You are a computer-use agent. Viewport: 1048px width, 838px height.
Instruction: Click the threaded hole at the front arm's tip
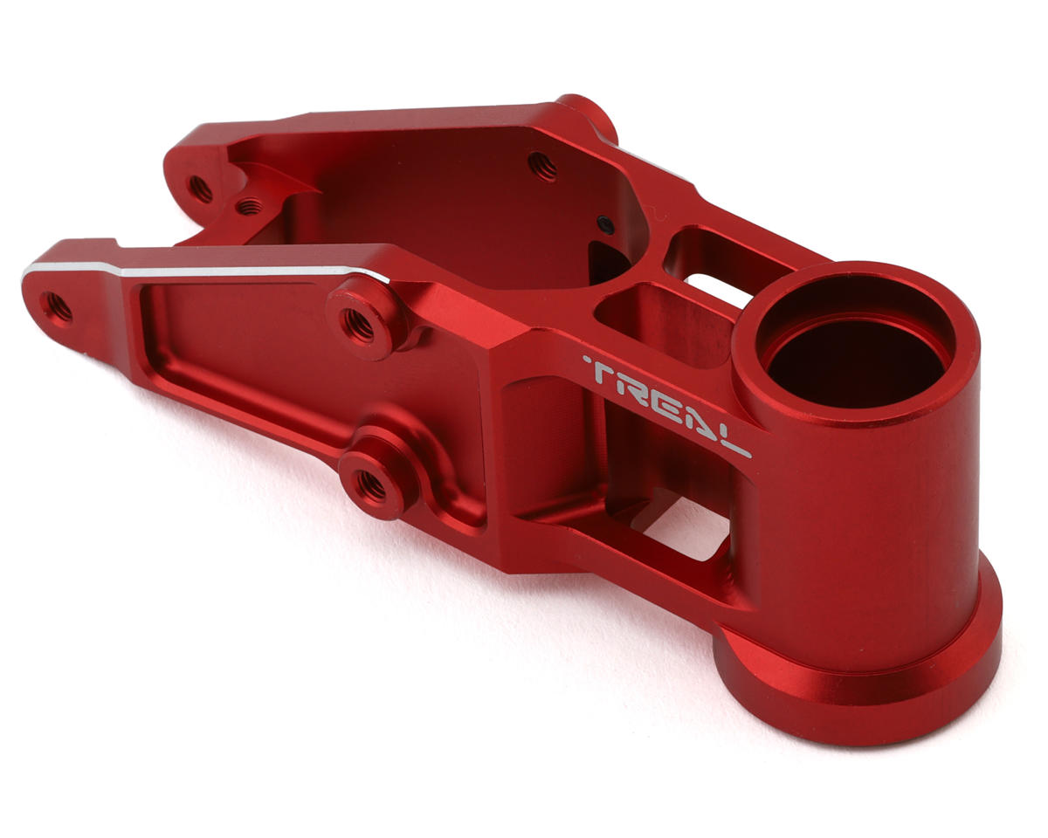coord(57,308)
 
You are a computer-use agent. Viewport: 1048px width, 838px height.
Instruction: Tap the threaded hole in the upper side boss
coord(358,325)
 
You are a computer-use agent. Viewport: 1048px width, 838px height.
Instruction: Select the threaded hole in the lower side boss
coord(371,485)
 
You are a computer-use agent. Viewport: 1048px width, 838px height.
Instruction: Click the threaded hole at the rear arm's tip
coord(200,189)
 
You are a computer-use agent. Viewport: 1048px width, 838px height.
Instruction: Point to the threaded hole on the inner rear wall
coord(542,166)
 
